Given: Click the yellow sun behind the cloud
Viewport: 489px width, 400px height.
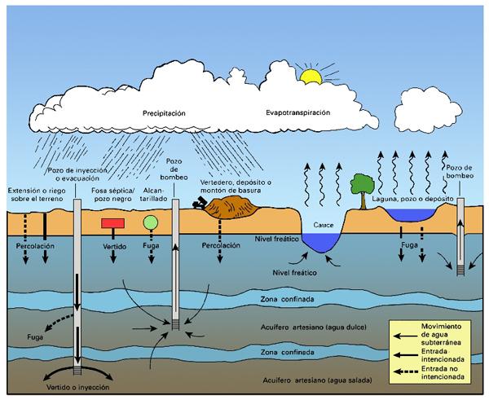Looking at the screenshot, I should pos(310,77).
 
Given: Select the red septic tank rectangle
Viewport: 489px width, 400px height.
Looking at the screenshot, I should pos(112,222).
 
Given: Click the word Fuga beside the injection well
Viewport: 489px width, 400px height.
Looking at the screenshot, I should pos(34,336).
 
